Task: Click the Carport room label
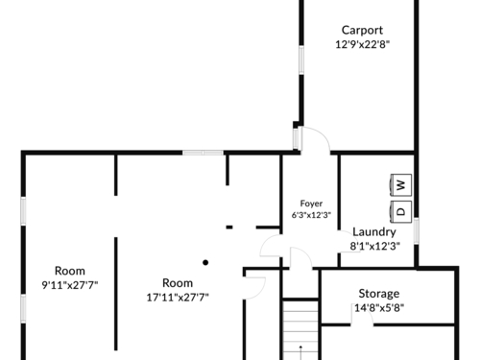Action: tap(362, 31)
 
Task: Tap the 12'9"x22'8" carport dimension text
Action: tap(362, 44)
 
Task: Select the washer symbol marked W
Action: tap(400, 185)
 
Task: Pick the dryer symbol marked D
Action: tap(400, 211)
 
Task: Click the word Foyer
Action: tap(311, 204)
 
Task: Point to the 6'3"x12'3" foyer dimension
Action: tap(311, 215)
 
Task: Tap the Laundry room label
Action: tap(374, 232)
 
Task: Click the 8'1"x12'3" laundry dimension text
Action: tap(374, 246)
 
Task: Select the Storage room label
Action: tap(379, 294)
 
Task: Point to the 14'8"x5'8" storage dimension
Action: tap(379, 308)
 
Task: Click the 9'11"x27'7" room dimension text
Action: tap(70, 285)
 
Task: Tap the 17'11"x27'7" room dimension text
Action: tap(178, 298)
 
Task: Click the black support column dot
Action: tap(205, 263)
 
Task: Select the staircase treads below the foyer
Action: tap(300, 330)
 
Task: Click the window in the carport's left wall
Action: tap(301, 60)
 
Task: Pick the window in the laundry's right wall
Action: tap(416, 230)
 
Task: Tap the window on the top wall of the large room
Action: tap(203, 153)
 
